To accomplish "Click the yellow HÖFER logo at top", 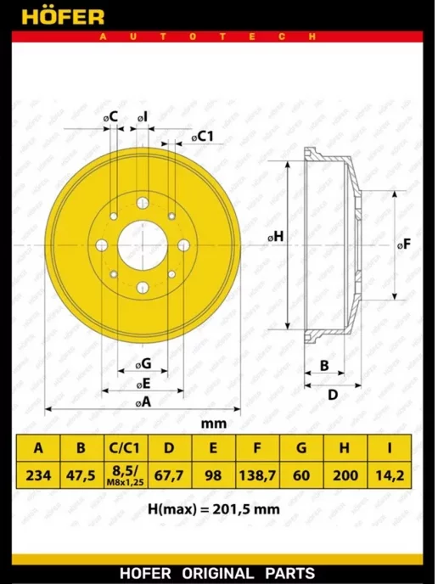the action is tap(63, 16).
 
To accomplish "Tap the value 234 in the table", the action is tap(38, 475).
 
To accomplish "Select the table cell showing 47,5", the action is tap(81, 475).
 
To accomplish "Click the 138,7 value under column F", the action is tap(257, 475).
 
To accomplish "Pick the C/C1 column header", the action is tap(126, 447).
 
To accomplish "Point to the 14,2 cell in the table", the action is tap(390, 475).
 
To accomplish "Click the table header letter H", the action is tap(345, 447).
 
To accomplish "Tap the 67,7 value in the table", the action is tap(170, 475).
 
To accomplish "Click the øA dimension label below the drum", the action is tap(143, 401).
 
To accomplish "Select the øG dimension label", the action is tap(143, 363).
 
